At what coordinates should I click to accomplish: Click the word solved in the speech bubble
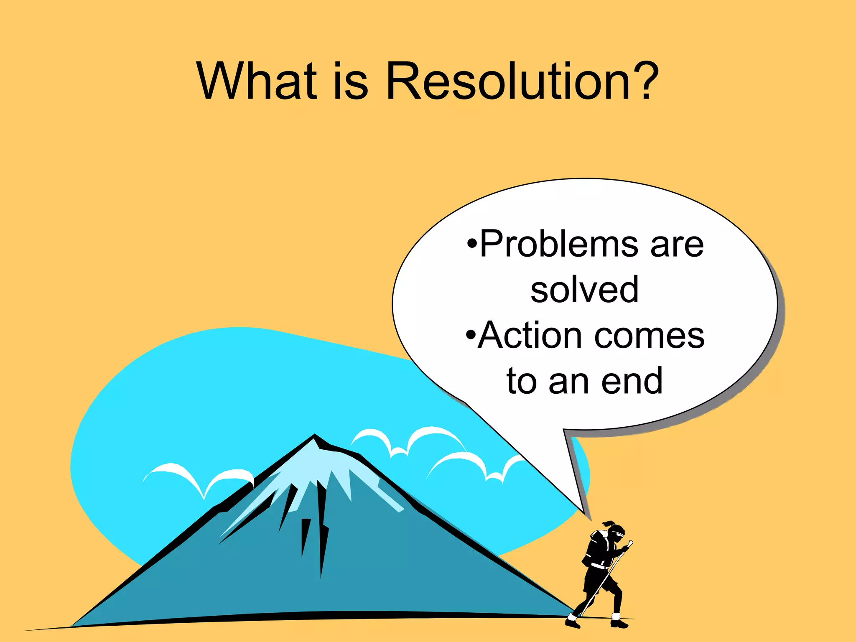pos(584,289)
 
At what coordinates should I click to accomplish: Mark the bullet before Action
pos(471,335)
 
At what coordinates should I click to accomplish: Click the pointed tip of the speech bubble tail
pos(584,512)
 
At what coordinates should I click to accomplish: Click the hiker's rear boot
pos(572,622)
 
